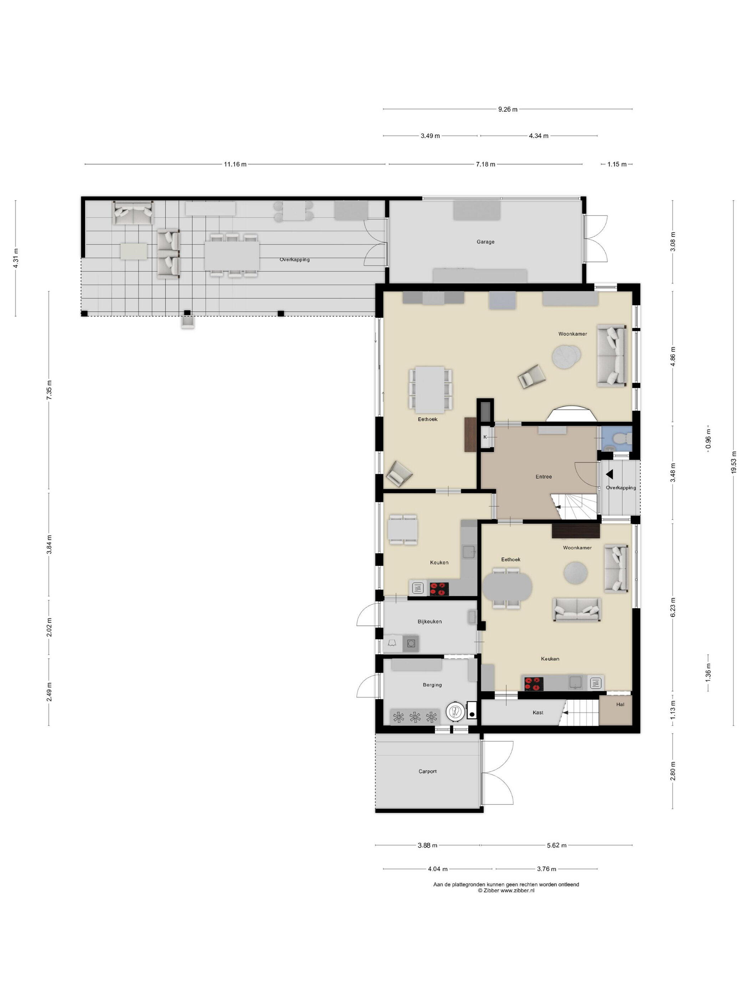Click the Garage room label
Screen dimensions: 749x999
point(485,242)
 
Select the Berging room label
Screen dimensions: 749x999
point(432,685)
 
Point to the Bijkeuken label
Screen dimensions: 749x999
point(429,622)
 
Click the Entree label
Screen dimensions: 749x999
point(544,476)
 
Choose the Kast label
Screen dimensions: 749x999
point(538,712)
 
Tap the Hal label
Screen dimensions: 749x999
point(620,704)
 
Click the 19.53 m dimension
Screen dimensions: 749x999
point(734,462)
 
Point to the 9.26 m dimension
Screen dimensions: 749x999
point(508,109)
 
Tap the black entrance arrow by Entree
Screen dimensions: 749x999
point(609,474)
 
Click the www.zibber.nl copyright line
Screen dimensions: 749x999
point(506,891)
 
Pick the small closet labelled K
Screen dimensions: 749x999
point(485,437)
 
